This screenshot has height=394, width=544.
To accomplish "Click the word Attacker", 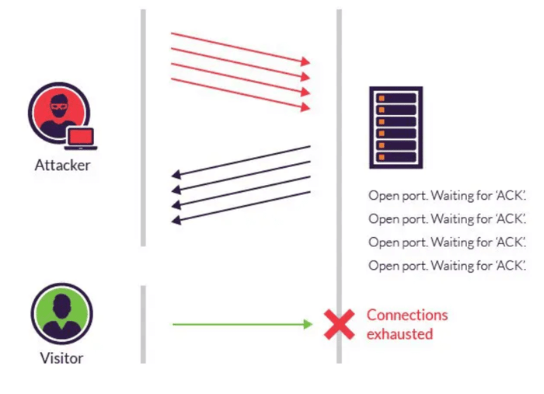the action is point(62,165).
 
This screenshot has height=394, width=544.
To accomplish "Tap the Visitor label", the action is point(61,358).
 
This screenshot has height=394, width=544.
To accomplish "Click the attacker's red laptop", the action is point(81,139).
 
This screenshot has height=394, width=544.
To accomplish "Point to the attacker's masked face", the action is point(60,106).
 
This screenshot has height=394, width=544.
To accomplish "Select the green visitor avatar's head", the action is point(61,306).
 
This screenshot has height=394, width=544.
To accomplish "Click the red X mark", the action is point(340,324).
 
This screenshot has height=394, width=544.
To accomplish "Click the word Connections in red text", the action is point(407,316).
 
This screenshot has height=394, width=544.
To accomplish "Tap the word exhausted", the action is point(399,334).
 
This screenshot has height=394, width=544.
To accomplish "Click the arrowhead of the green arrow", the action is point(308,324).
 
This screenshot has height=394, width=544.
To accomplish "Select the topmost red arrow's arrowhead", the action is point(305,61).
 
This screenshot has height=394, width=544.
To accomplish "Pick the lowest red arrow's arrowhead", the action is point(305,107).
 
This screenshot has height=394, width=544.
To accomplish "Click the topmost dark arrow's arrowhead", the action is point(176,174).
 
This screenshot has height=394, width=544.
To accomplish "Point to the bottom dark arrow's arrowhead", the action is point(176,220).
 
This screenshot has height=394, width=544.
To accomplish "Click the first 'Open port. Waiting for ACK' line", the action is point(447,196).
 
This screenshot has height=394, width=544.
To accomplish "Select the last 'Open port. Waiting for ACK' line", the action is point(447,266).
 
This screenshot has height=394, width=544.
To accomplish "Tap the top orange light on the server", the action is point(382,99).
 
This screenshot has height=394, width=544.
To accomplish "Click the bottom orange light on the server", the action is point(382,157).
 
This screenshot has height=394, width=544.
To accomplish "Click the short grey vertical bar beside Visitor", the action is point(143,325).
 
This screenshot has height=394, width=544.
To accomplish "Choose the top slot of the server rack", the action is point(396,98).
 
